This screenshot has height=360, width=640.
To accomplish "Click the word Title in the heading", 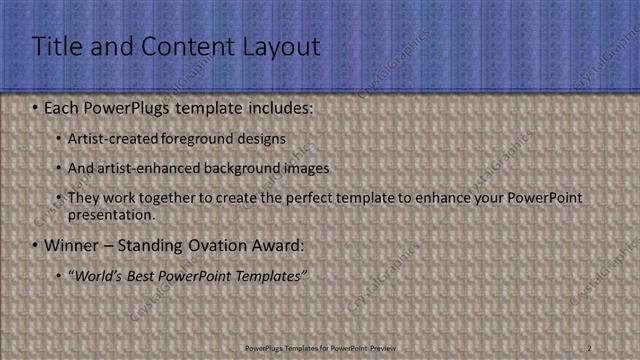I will pos(56,46).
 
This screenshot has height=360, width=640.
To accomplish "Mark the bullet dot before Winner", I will pos(36,245).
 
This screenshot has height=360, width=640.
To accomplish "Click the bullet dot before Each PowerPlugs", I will pos(36,106).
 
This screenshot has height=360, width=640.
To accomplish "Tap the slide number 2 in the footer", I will pos(589,347).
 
